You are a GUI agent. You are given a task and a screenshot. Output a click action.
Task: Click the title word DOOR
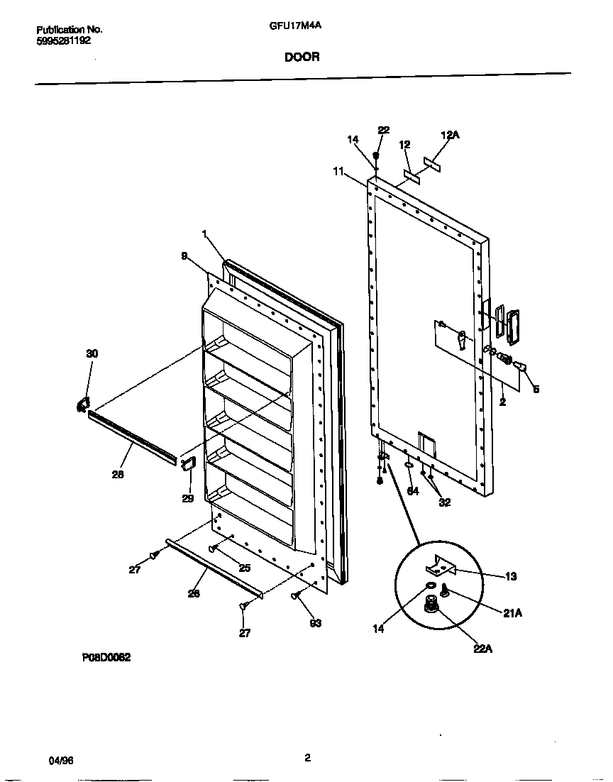[302, 57]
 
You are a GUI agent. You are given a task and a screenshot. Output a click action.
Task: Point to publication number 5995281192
[63, 40]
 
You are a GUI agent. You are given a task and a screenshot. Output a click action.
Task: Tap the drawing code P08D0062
[106, 658]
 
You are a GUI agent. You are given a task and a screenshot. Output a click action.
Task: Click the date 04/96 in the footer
[61, 760]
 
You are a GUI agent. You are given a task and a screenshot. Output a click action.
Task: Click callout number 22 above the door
[384, 130]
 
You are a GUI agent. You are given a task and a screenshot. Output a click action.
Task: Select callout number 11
[338, 171]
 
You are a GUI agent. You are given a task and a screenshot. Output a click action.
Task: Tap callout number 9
[184, 257]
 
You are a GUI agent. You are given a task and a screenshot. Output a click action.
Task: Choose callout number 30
[92, 353]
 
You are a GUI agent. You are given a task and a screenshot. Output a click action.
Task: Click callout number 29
[187, 499]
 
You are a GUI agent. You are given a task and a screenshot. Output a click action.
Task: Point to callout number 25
[244, 568]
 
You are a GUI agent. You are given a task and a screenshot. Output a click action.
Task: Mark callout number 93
[316, 623]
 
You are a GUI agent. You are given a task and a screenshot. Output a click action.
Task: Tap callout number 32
[444, 503]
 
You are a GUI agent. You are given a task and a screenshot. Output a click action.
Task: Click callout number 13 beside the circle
[511, 576]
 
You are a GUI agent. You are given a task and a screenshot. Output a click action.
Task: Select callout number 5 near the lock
[536, 389]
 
